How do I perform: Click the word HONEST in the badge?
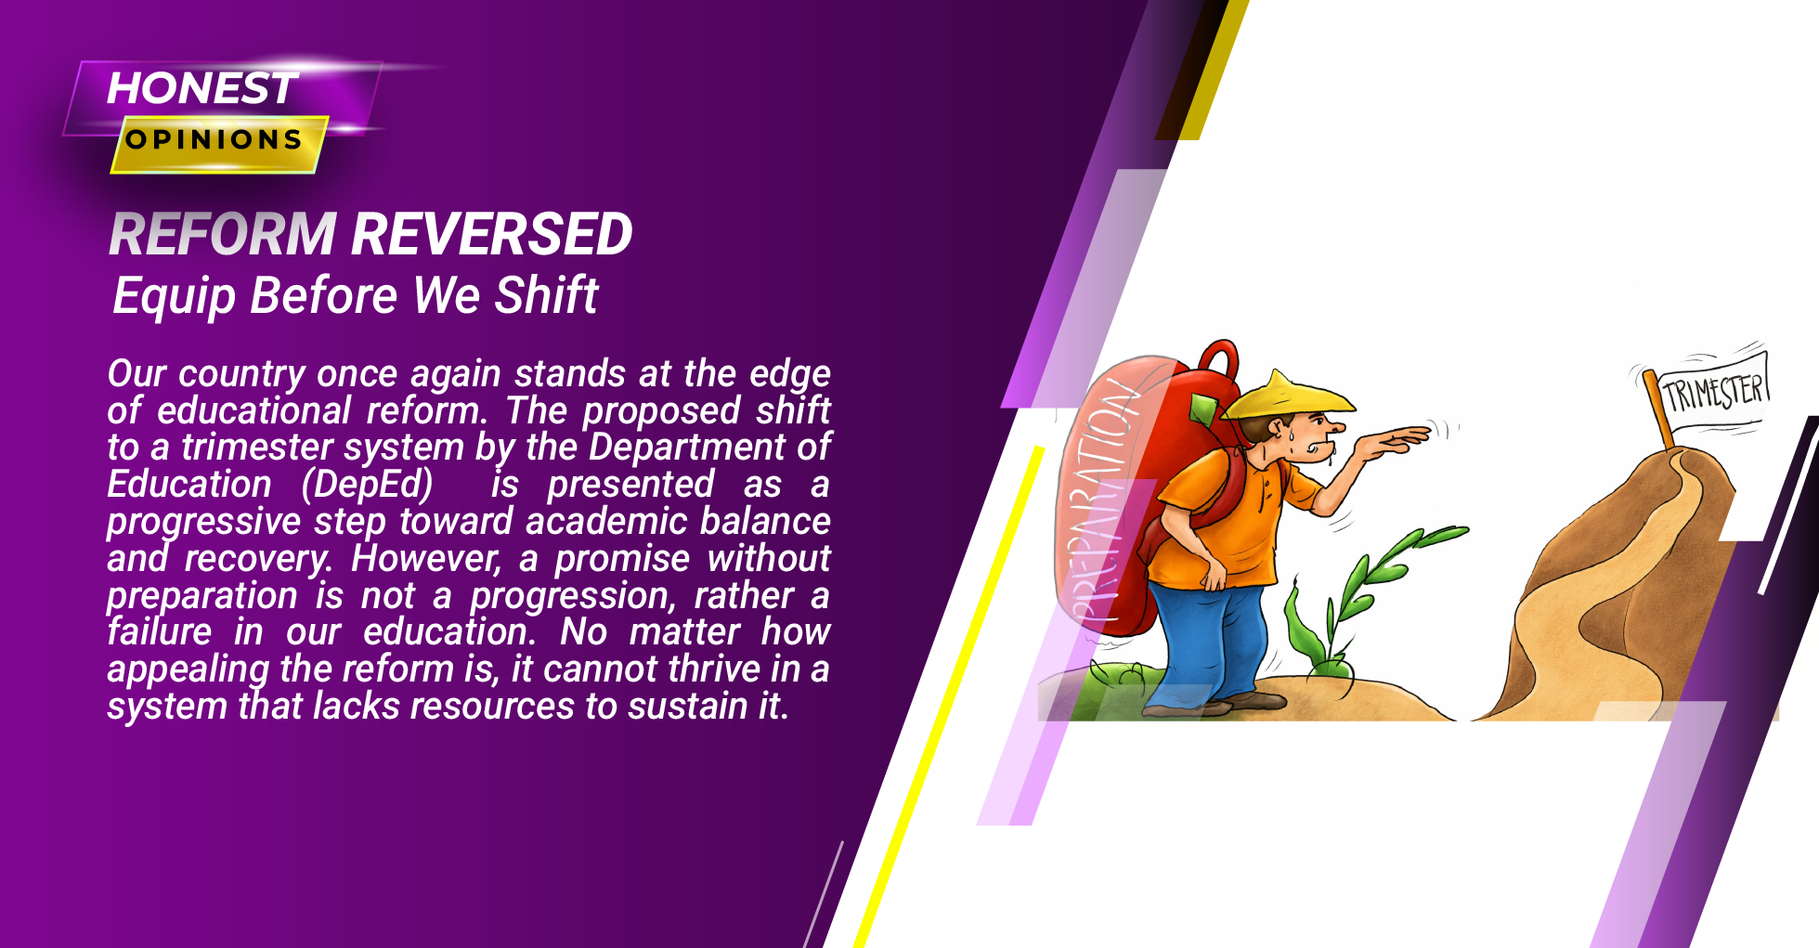pyautogui.click(x=202, y=88)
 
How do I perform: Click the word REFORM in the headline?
pyautogui.click(x=222, y=233)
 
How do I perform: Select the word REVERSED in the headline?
pyautogui.click(x=492, y=233)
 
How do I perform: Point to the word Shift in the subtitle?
pyautogui.click(x=546, y=295)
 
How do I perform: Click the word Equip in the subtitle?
pyautogui.click(x=175, y=297)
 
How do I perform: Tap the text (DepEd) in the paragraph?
pyautogui.click(x=368, y=485)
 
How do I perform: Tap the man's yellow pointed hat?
pyautogui.click(x=1289, y=396)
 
